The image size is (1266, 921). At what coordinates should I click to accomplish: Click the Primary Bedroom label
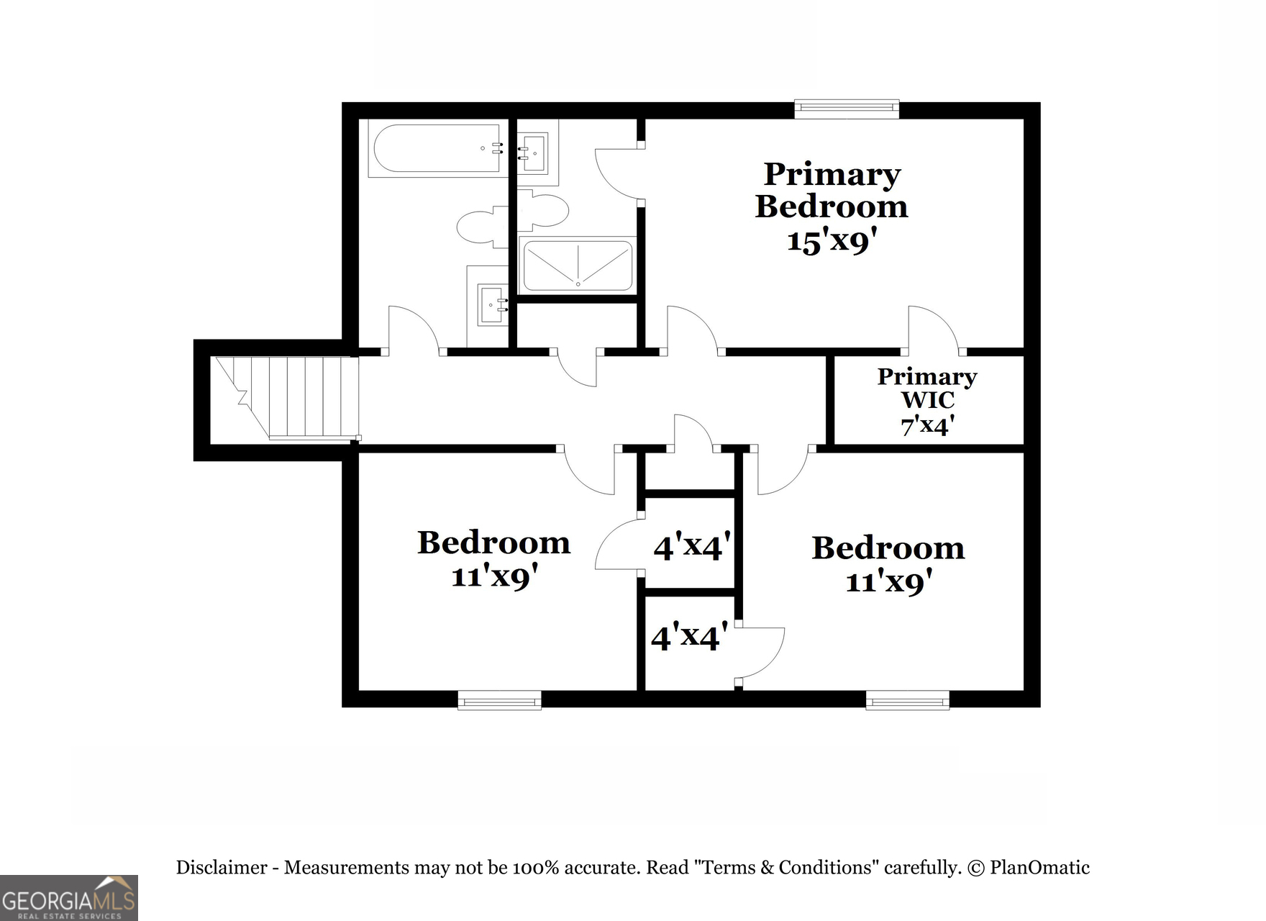(x=832, y=190)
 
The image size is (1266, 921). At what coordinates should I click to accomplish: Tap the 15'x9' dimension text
(x=832, y=241)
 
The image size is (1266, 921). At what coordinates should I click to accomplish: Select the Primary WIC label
(x=927, y=388)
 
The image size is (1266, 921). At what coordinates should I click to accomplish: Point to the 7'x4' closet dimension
(x=927, y=425)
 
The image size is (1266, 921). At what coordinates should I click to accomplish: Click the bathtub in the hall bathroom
(x=436, y=149)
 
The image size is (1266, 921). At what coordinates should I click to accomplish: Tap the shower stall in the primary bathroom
(x=578, y=265)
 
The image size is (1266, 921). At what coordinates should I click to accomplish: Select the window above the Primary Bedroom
(x=847, y=109)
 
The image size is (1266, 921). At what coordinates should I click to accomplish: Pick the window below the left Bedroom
(x=499, y=699)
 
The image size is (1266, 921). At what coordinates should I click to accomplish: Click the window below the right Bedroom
(x=907, y=699)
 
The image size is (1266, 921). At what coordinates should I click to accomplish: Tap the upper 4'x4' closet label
(x=692, y=547)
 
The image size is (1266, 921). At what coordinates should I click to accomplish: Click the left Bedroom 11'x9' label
(x=494, y=558)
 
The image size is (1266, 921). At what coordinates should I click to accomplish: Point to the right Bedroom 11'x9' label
(x=888, y=564)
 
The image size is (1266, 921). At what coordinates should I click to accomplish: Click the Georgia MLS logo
(x=68, y=898)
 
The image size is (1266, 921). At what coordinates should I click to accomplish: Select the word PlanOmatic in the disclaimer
(x=1039, y=868)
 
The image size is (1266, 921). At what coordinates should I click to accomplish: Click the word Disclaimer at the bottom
(x=222, y=868)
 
